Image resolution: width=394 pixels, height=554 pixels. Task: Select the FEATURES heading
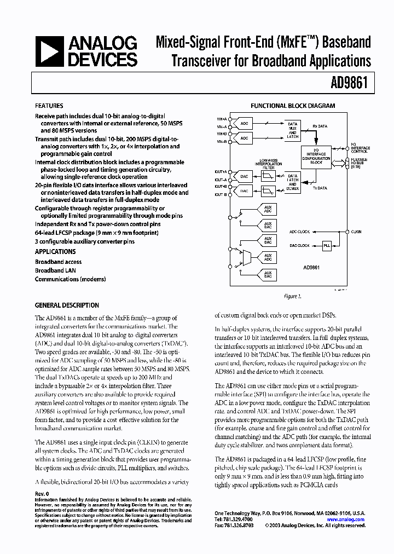coord(49,106)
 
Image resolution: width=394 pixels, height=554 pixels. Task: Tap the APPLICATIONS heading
coord(55,252)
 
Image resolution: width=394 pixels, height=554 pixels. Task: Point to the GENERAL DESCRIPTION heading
coord(67,305)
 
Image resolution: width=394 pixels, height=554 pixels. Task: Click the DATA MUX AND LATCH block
coord(293,130)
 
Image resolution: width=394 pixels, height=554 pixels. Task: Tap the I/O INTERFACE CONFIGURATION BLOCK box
coord(317,155)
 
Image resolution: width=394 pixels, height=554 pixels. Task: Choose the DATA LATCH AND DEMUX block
coord(293,182)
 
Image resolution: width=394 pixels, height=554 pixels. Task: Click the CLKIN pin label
coord(356,231)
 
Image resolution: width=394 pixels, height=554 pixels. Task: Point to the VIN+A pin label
coord(221,118)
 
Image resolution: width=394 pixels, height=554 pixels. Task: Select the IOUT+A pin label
coord(221,171)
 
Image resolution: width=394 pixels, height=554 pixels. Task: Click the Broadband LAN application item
coord(56,270)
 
